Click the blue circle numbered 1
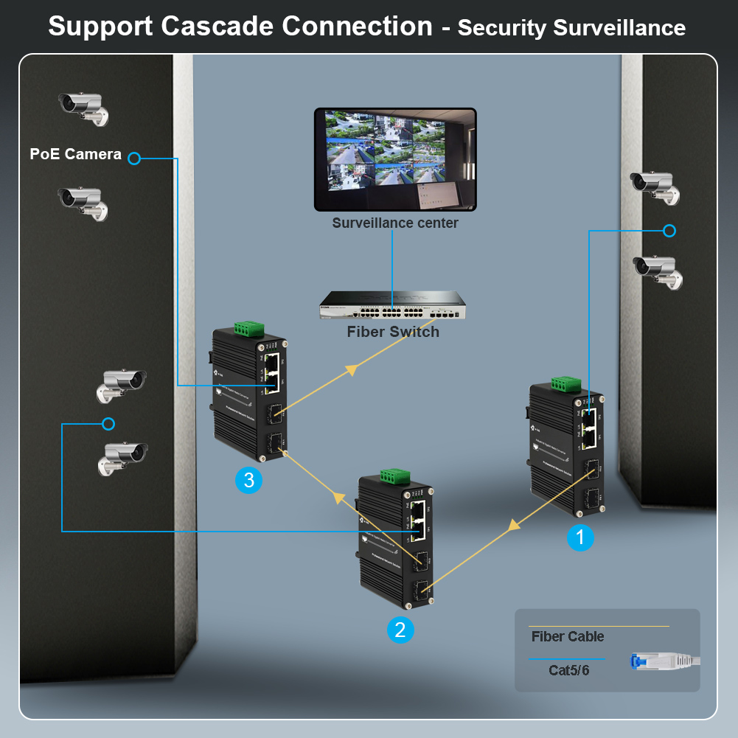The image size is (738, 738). (580, 538)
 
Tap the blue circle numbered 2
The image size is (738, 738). (400, 629)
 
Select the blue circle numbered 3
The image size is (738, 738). (248, 481)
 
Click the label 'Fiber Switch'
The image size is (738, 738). (393, 332)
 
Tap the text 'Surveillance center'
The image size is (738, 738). (395, 223)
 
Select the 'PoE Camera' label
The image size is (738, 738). (75, 154)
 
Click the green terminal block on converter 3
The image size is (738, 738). (250, 330)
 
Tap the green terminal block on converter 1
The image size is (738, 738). (565, 384)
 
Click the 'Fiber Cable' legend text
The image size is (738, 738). (567, 636)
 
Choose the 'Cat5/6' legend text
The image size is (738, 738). (569, 670)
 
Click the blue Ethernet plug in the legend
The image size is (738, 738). (641, 661)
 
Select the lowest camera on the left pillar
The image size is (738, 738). (123, 457)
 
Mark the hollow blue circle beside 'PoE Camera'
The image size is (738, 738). (134, 159)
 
